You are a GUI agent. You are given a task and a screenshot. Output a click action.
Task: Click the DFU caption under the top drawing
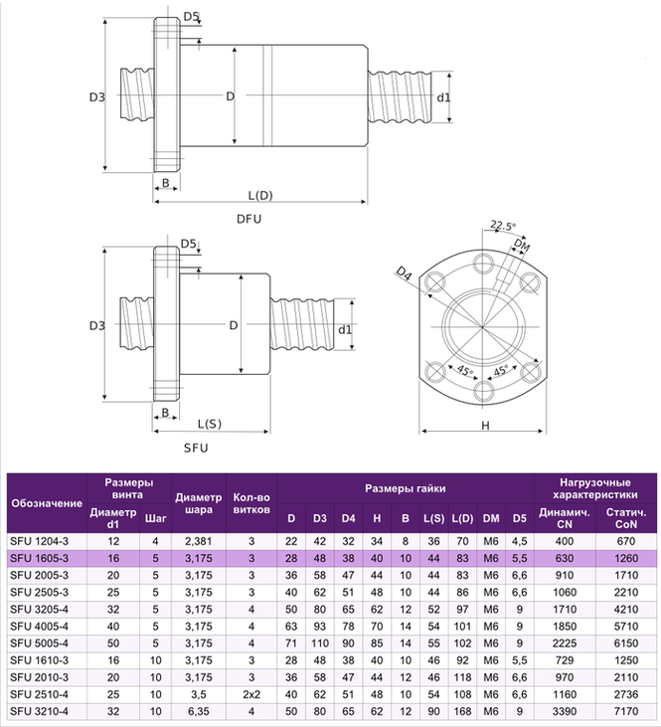(248, 219)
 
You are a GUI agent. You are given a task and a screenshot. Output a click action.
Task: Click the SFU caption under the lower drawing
(196, 448)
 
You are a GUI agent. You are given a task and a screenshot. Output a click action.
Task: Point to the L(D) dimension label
(260, 195)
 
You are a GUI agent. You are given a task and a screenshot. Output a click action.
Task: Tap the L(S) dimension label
(210, 424)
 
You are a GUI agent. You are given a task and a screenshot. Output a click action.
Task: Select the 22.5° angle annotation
(503, 226)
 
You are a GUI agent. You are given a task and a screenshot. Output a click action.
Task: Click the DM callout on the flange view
(523, 246)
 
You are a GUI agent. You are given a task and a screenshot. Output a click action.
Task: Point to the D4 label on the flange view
(404, 273)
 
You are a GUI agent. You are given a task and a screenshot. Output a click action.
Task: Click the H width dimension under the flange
(485, 426)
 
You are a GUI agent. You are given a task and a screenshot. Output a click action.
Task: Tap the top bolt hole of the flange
(484, 264)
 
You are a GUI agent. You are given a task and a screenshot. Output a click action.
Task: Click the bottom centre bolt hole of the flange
(484, 391)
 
